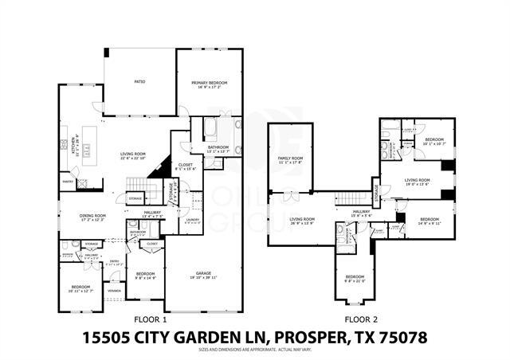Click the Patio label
click(139, 81)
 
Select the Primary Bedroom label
click(210, 84)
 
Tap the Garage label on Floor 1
click(204, 272)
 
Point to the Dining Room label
click(93, 217)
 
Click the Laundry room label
click(192, 220)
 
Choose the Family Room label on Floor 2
click(290, 160)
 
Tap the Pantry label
click(68, 182)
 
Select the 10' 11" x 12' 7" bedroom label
click(81, 288)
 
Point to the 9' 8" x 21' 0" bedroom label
click(354, 279)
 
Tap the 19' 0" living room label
click(417, 182)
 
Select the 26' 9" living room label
click(301, 221)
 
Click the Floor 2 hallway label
click(361, 213)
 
